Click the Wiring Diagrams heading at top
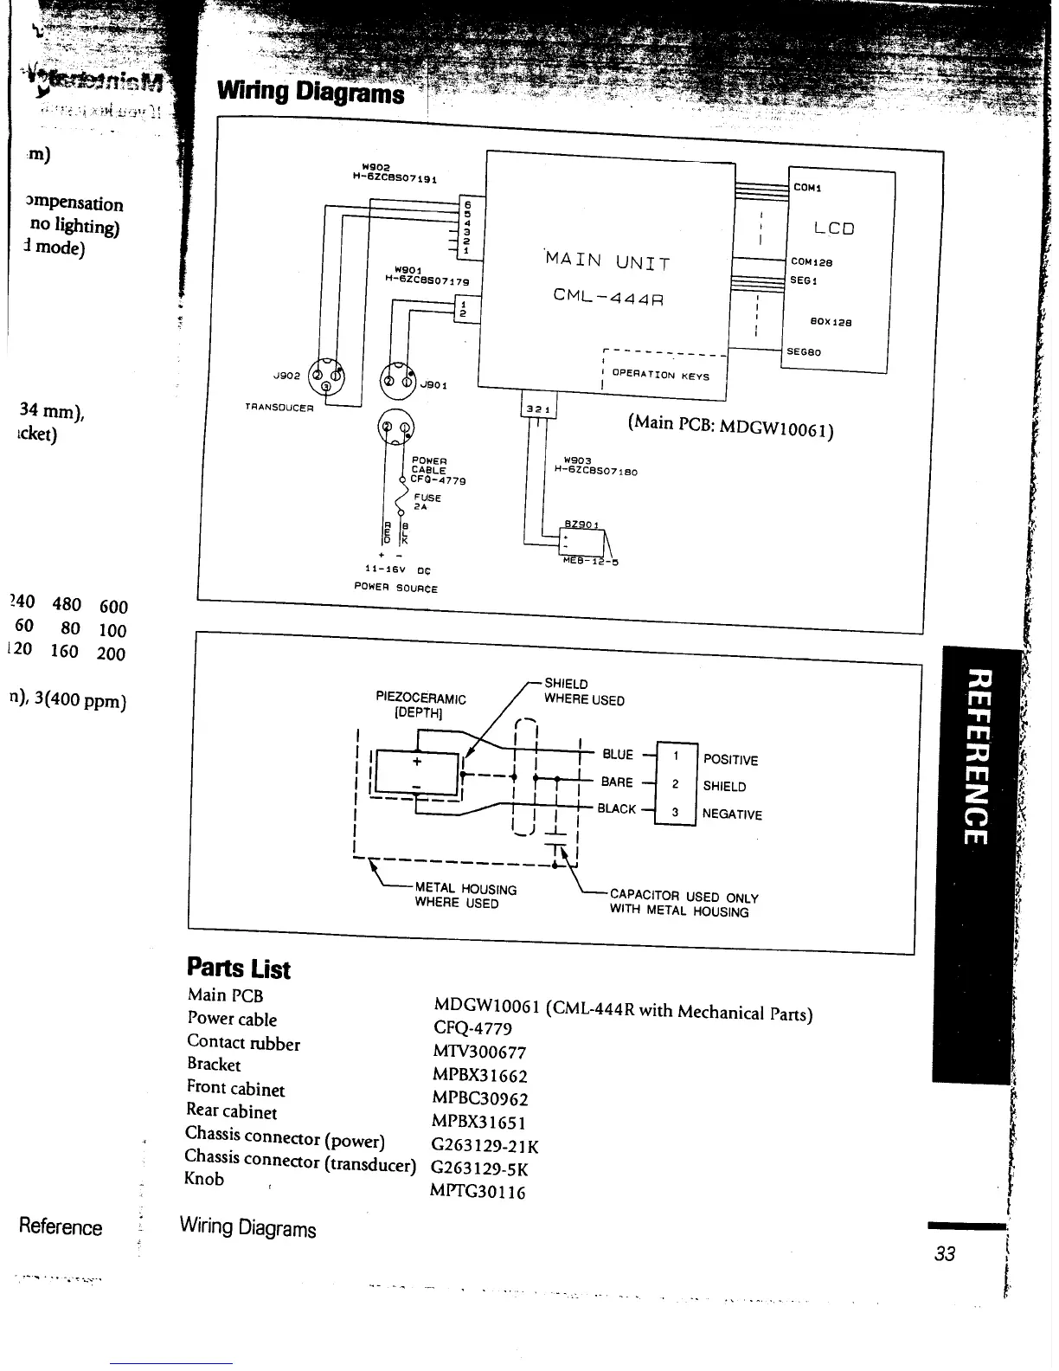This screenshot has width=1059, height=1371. (311, 91)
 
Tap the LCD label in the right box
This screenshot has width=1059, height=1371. (834, 228)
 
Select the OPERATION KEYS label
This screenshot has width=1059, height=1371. (660, 376)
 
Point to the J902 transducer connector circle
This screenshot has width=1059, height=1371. (327, 377)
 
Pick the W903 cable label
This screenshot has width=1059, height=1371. (576, 461)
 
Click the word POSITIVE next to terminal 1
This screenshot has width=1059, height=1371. (730, 760)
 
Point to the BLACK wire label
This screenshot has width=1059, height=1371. (616, 809)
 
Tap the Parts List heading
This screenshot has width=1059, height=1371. (239, 969)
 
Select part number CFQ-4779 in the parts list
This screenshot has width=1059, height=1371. (472, 1028)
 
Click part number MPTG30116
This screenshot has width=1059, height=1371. (478, 1192)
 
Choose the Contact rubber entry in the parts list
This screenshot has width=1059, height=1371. (243, 1043)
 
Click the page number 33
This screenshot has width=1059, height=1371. (945, 1253)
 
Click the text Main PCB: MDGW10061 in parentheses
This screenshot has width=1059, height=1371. (730, 426)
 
